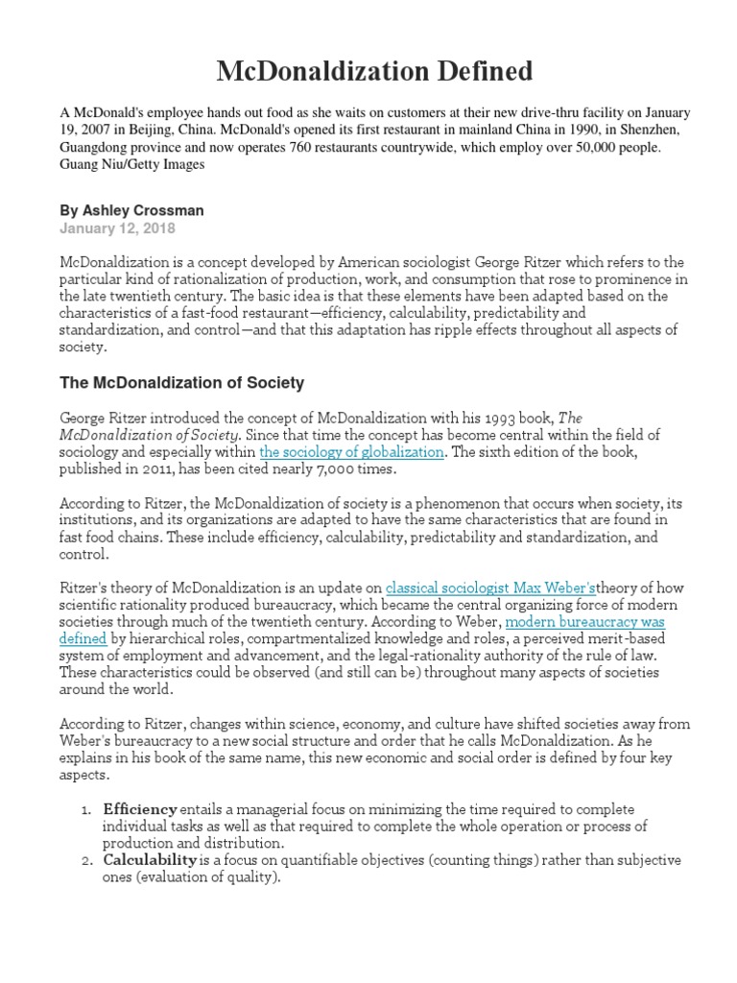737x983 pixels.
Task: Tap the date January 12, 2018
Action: [x=118, y=228]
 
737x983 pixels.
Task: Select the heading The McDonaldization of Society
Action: [x=181, y=382]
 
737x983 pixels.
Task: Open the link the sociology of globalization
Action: [x=351, y=451]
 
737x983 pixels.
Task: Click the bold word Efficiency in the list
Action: [x=140, y=809]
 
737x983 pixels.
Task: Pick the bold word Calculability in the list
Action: [x=150, y=858]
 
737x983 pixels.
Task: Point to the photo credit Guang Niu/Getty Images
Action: [x=132, y=164]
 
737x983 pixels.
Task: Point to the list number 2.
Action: [x=84, y=859]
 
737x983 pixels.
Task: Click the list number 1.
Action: [x=84, y=810]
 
